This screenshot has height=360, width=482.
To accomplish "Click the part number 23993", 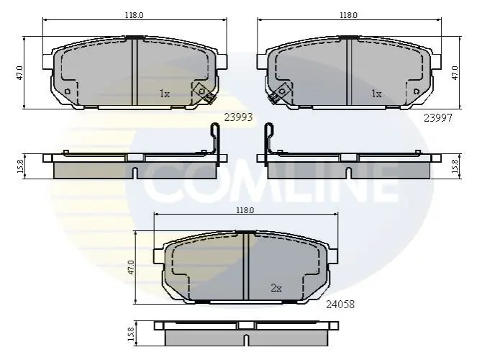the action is [238, 117].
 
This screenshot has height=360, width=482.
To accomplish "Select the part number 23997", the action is [437, 117].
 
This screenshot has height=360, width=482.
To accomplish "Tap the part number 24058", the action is [340, 305].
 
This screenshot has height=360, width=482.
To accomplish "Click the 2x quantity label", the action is [276, 288].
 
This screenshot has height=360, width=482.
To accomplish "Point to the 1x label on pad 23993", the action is [165, 94].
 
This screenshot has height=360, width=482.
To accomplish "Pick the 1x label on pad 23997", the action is [376, 94].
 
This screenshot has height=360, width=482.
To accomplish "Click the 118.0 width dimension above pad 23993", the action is [134, 15].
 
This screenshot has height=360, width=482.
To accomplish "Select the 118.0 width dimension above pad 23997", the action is [348, 15].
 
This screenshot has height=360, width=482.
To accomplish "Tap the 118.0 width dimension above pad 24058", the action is [245, 210].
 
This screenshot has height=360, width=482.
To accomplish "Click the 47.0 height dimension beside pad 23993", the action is [19, 73].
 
